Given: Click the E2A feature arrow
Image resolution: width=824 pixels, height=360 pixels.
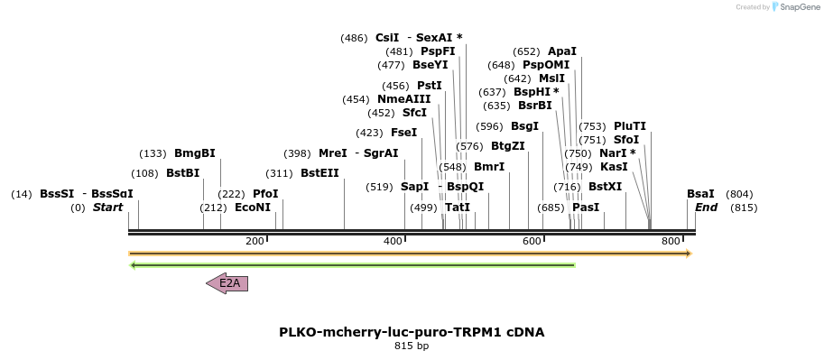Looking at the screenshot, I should click(x=227, y=283).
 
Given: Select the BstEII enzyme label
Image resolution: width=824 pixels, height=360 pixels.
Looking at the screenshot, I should click(x=319, y=173).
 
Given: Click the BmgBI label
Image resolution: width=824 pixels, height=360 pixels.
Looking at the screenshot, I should click(x=194, y=153).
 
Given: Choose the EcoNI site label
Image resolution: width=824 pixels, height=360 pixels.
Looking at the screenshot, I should click(x=252, y=208).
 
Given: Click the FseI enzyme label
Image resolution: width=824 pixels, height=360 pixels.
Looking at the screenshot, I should click(x=403, y=133).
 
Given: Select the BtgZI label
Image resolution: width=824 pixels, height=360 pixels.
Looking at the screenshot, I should click(x=507, y=146).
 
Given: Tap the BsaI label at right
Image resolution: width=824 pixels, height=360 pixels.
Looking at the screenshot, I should click(x=700, y=194).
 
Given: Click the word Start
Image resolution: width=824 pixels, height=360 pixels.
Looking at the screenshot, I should click(x=107, y=208).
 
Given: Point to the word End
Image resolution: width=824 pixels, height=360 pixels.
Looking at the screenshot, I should click(x=706, y=208).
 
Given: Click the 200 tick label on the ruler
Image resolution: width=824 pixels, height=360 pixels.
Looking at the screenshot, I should click(x=255, y=241).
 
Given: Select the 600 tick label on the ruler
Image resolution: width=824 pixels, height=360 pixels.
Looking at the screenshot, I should click(x=532, y=241).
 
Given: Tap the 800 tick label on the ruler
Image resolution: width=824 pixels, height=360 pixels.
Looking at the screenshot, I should click(x=671, y=241).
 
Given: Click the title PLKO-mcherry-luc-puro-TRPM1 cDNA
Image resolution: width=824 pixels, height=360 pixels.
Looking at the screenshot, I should click(x=412, y=331).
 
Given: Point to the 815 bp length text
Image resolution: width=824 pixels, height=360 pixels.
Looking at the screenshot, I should click(x=412, y=346).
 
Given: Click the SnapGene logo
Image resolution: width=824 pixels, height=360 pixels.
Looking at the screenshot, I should click(x=793, y=7).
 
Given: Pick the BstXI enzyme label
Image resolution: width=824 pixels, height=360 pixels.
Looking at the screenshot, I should click(x=605, y=187).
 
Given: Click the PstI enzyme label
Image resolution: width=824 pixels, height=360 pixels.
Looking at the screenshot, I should click(x=429, y=86).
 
